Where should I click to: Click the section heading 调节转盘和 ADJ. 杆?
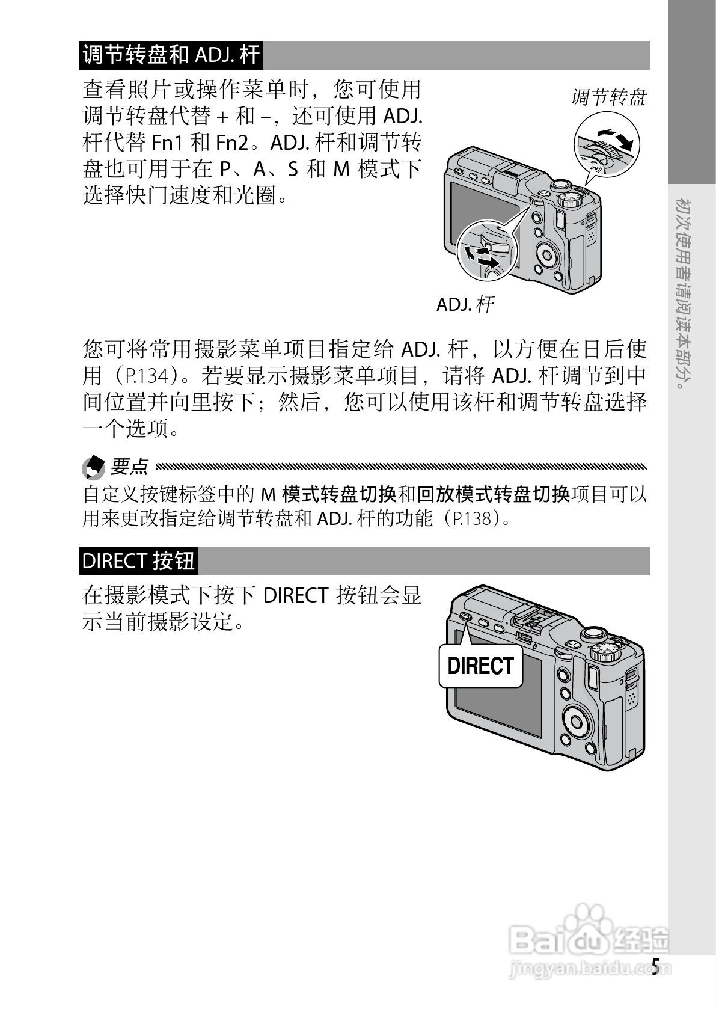[x=171, y=55]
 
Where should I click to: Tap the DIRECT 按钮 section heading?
[x=138, y=560]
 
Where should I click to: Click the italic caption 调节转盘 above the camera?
[x=608, y=97]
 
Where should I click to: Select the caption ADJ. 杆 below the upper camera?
[x=465, y=304]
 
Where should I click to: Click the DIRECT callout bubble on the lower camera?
[x=481, y=666]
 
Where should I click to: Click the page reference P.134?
[x=150, y=376]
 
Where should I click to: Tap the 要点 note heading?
[x=129, y=466]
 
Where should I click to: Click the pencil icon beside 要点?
[x=93, y=467]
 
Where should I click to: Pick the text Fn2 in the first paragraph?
[x=231, y=143]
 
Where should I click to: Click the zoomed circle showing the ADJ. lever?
[x=487, y=251]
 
